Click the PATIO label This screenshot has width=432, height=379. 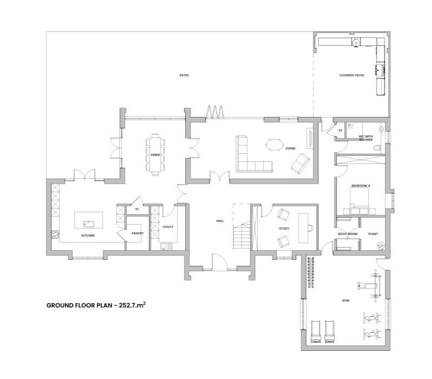(184, 75)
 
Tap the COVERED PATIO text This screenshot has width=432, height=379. (352, 75)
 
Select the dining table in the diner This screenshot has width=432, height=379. (156, 154)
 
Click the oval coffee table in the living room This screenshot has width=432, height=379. (273, 145)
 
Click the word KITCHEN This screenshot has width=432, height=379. (88, 236)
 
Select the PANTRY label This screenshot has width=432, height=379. (138, 233)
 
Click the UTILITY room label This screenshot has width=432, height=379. (168, 226)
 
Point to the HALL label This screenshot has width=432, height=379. (220, 221)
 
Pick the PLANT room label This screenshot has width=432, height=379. (372, 234)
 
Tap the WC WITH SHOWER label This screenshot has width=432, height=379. (366, 138)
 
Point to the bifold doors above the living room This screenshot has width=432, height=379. (215, 112)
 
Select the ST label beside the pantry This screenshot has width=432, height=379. (138, 208)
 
